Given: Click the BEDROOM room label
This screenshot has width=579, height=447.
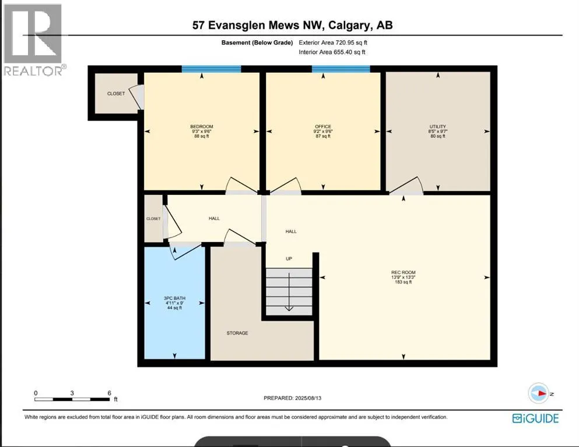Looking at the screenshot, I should pyautogui.click(x=201, y=127).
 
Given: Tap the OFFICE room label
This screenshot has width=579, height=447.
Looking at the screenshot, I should pyautogui.click(x=322, y=127).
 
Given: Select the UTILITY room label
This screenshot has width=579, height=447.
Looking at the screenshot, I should pyautogui.click(x=438, y=127).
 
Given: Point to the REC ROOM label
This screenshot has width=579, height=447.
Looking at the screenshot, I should pyautogui.click(x=403, y=272).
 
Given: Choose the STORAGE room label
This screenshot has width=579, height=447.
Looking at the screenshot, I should pyautogui.click(x=237, y=333).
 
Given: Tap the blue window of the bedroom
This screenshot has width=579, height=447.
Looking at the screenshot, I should pyautogui.click(x=211, y=69).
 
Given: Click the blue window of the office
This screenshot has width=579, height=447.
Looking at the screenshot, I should pyautogui.click(x=341, y=69).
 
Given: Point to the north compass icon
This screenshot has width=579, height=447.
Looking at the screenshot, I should pyautogui.click(x=539, y=393).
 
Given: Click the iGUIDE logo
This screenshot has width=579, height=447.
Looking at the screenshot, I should pyautogui.click(x=535, y=418).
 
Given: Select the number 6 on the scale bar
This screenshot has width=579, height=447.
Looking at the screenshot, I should pyautogui.click(x=109, y=393).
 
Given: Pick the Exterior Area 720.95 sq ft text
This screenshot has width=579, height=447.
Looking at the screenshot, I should pyautogui.click(x=333, y=42).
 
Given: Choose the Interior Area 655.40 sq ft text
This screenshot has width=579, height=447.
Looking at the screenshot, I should pyautogui.click(x=332, y=52).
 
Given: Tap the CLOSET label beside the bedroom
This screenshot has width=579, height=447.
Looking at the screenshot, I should pyautogui.click(x=115, y=93).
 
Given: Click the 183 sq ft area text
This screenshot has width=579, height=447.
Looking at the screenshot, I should pyautogui.click(x=403, y=282).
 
